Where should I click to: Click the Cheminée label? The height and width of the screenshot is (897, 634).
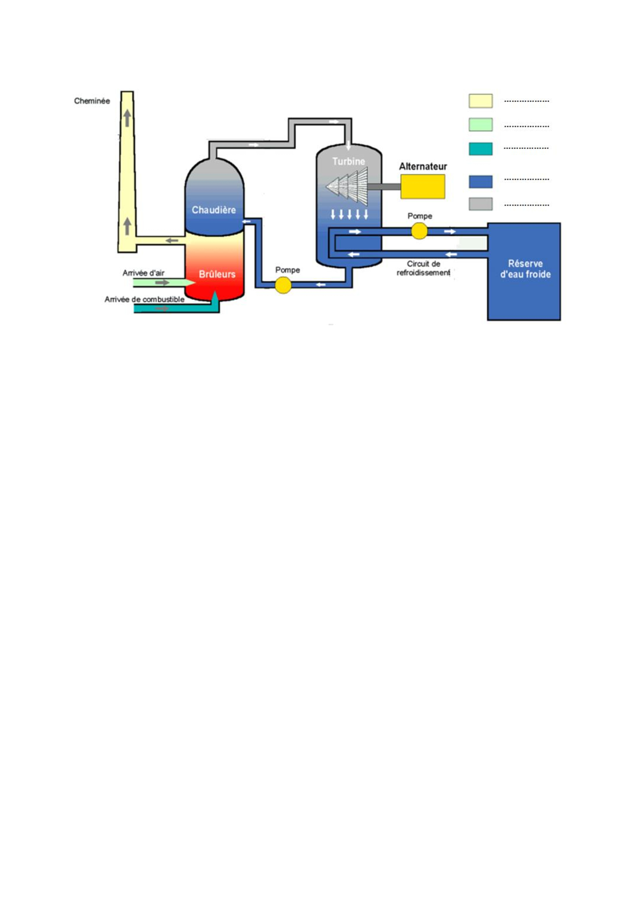[x=92, y=101]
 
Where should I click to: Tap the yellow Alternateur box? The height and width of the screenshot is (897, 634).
[x=422, y=187]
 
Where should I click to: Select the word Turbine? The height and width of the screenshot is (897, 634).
[x=349, y=162]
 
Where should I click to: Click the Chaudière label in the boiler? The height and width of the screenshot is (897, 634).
[x=214, y=210]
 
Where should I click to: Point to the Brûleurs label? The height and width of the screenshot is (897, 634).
[x=217, y=275]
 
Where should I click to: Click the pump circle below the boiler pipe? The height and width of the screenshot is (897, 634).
[x=283, y=285]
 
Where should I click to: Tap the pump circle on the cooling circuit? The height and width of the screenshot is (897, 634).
[x=419, y=231]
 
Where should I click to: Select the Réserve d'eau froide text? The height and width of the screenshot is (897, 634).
[x=525, y=269]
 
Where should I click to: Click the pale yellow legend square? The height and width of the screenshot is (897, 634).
[x=481, y=101]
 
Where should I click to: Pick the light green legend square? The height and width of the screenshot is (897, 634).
[x=481, y=125]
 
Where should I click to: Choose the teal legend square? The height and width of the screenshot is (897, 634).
[x=481, y=149]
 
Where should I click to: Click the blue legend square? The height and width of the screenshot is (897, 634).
[x=481, y=182]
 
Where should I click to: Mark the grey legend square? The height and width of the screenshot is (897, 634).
[x=481, y=204]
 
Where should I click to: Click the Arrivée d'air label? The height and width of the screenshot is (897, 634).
[x=144, y=273]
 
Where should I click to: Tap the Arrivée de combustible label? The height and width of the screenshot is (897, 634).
[x=145, y=300]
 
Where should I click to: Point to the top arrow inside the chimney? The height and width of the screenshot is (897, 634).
[x=127, y=118]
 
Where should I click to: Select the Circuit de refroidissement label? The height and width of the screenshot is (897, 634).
[x=423, y=268]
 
